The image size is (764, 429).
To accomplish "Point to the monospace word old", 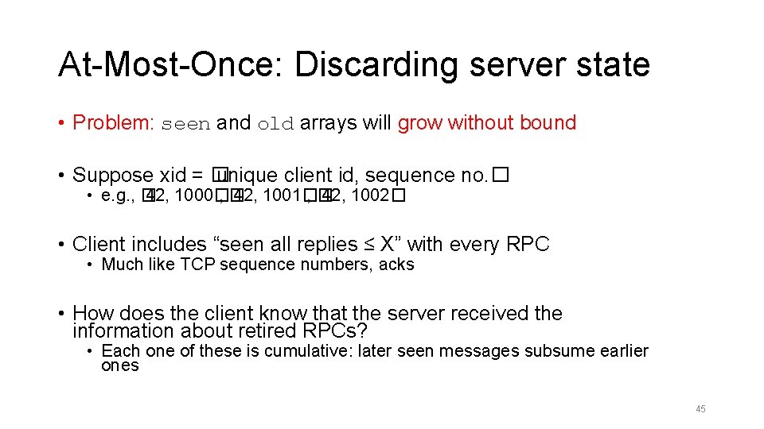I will click(275, 124).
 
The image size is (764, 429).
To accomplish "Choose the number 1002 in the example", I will click(369, 196).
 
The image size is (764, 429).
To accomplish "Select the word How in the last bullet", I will click(93, 314).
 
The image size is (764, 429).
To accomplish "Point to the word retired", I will click(262, 330).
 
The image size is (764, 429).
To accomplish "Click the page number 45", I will click(700, 409).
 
